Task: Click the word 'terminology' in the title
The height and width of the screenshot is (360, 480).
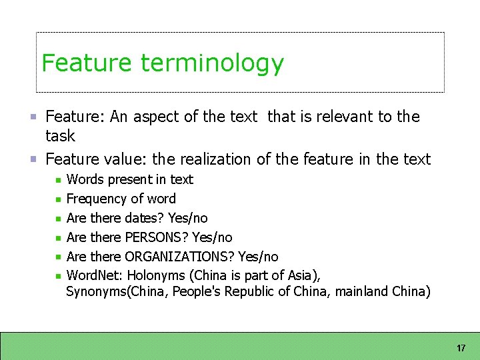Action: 212,63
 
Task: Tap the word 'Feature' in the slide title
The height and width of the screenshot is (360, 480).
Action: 87,63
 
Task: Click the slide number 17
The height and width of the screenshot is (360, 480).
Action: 461,349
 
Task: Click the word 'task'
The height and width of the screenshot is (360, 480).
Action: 60,136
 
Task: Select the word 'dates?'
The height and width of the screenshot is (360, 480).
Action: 145,218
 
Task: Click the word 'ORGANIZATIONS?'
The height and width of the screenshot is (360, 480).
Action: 179,257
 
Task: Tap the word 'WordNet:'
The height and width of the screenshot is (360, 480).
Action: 95,275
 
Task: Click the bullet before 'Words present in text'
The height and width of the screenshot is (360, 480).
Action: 59,180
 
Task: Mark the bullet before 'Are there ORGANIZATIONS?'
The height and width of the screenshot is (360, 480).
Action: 59,257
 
